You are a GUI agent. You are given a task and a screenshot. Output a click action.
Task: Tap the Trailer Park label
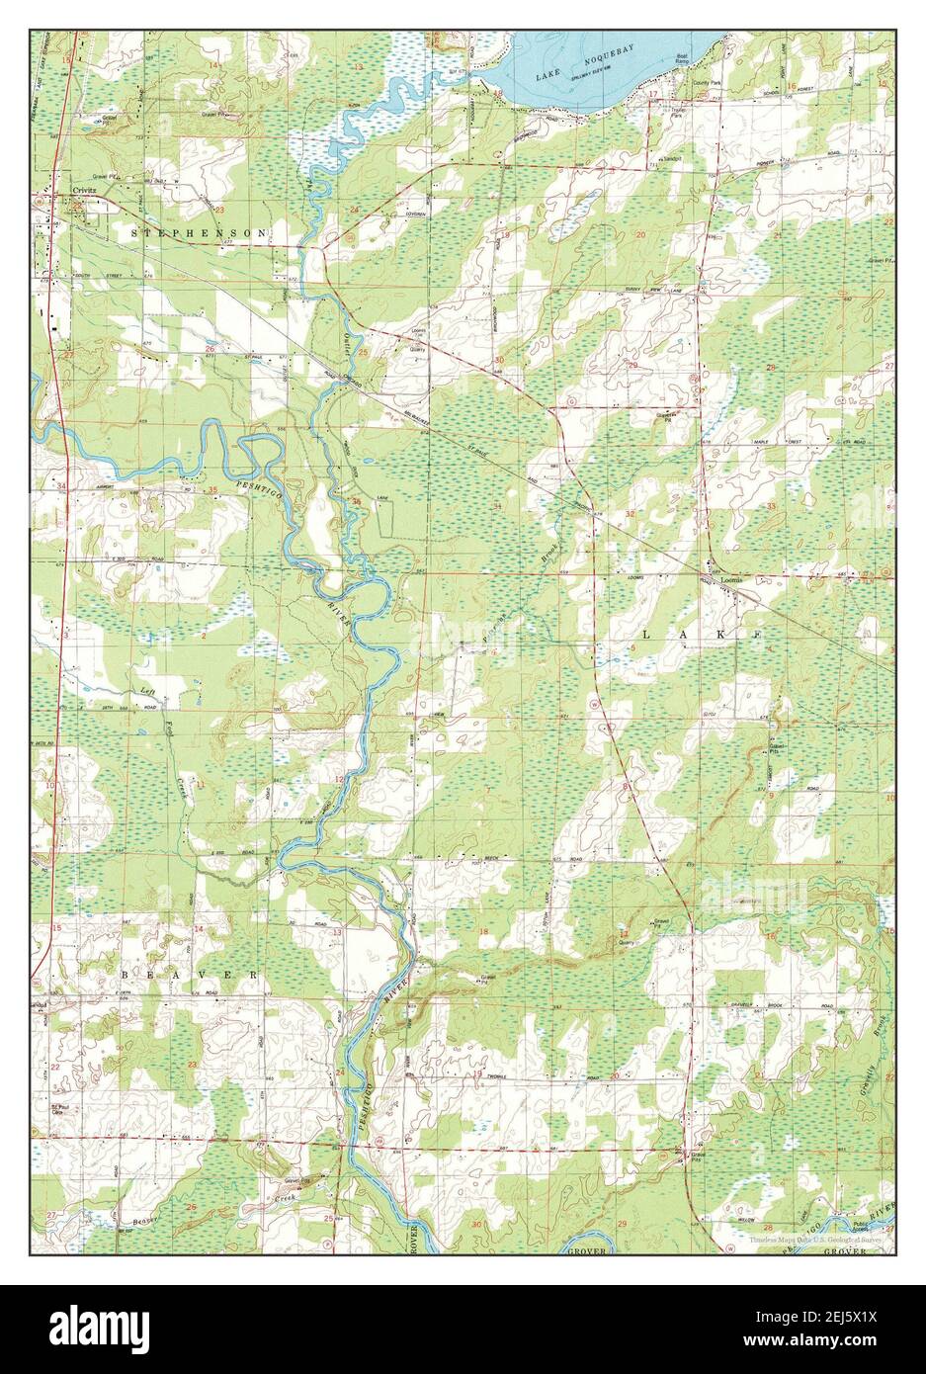pyautogui.click(x=677, y=113)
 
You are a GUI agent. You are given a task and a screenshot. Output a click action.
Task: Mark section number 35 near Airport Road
pyautogui.click(x=213, y=491)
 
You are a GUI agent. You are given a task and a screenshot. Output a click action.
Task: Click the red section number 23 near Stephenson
pyautogui.click(x=219, y=211)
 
